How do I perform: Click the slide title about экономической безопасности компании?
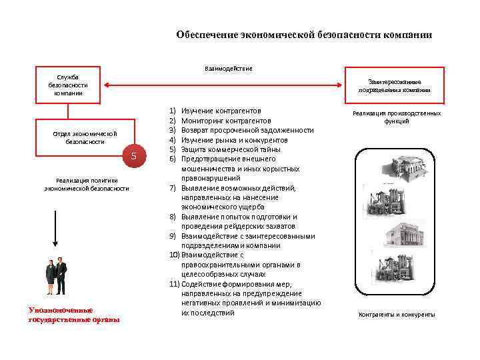(x=303, y=35)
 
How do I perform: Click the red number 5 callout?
(x=133, y=156)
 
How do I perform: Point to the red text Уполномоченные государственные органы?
(x=73, y=315)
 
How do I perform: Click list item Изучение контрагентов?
(x=221, y=110)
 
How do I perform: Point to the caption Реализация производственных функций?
(x=397, y=117)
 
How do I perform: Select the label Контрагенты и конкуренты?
(x=397, y=314)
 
